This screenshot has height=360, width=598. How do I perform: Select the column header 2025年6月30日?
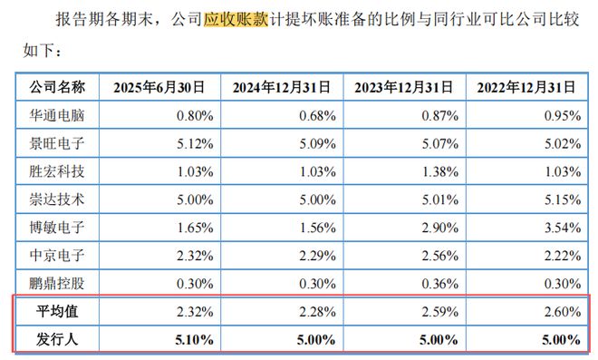(x=159, y=88)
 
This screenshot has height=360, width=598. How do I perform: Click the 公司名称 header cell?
(x=58, y=88)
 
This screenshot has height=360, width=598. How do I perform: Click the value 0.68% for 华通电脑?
(x=318, y=115)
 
